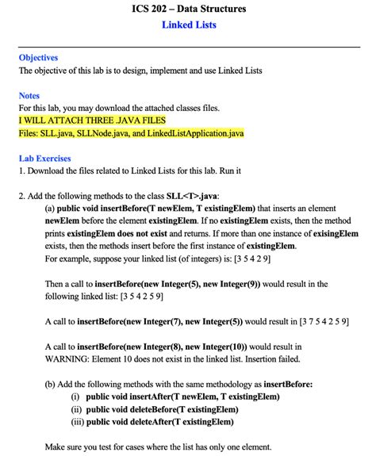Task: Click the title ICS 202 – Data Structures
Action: tap(188, 10)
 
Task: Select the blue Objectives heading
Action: tap(38, 58)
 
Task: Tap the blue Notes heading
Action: tap(29, 95)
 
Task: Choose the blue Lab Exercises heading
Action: tap(44, 158)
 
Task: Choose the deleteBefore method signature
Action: tap(162, 409)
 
